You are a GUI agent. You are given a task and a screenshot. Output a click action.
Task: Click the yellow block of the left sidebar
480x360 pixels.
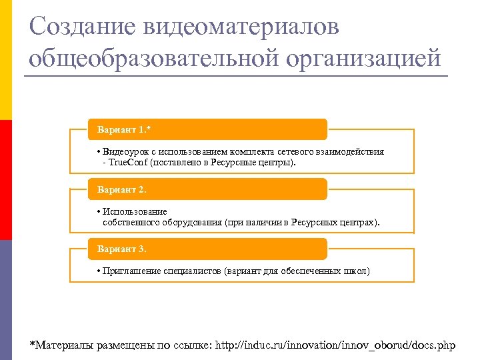(x=6, y=60)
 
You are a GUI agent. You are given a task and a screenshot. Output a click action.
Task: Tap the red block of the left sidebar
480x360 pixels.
(x=6, y=180)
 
